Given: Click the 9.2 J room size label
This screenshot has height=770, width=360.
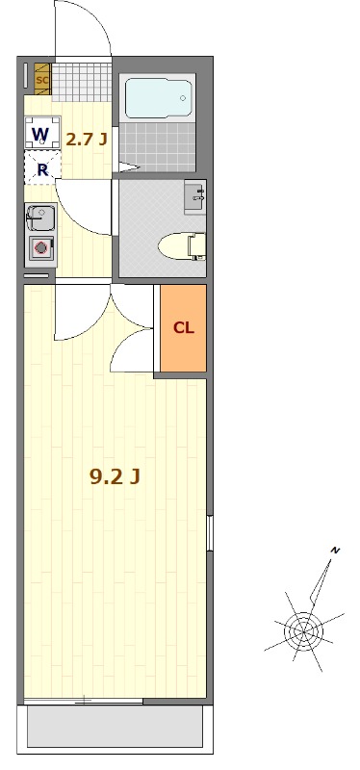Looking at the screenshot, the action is click(x=115, y=475).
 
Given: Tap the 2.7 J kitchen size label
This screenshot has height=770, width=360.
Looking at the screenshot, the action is click(x=87, y=140).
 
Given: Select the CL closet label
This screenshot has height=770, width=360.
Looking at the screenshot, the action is click(x=183, y=328).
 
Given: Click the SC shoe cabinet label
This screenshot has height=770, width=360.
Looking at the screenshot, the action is click(x=42, y=80).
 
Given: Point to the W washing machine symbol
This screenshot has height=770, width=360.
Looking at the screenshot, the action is click(x=41, y=133).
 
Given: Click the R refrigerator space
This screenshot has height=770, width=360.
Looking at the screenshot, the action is click(x=42, y=167).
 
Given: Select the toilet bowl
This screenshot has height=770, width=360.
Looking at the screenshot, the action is click(x=182, y=245).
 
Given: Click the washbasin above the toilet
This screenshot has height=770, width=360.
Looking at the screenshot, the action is click(x=195, y=197).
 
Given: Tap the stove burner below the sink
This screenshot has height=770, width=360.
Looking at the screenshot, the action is click(x=40, y=248).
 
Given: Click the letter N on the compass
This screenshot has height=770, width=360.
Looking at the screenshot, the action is click(x=336, y=550).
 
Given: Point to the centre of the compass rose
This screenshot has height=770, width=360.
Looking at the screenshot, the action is click(x=303, y=631).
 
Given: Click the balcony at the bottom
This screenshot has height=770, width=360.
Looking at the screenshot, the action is click(x=115, y=728).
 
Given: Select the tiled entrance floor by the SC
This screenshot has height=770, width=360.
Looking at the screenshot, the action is click(x=82, y=82).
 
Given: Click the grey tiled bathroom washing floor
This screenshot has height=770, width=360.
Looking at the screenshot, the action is click(x=158, y=146).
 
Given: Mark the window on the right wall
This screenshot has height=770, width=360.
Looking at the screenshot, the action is click(x=210, y=533).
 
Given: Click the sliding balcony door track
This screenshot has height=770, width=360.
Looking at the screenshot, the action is click(x=84, y=700).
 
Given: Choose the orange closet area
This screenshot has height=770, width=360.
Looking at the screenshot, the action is click(x=183, y=328).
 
